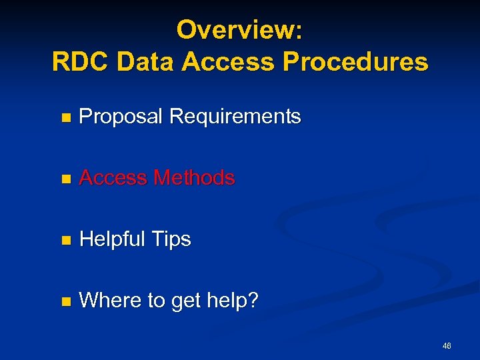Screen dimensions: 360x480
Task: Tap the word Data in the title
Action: point(145,62)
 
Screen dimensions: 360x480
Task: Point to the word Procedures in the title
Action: point(355,62)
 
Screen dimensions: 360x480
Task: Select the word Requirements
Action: point(235,117)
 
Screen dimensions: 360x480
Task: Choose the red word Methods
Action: point(194,178)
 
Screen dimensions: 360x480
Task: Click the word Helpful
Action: point(112,239)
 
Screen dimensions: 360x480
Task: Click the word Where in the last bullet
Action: point(110,301)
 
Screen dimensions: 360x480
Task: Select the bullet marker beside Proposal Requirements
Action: point(65,119)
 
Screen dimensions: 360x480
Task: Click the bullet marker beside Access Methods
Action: point(65,179)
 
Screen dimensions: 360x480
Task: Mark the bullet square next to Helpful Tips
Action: point(65,241)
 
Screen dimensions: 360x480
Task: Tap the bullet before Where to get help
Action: point(65,302)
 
